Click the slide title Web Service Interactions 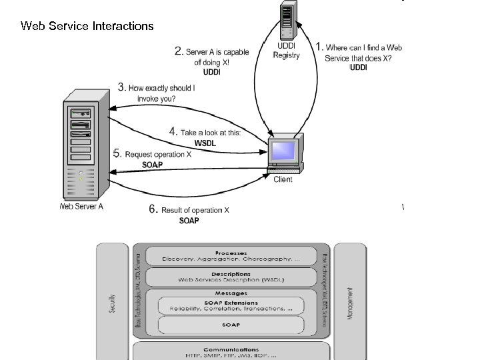87,26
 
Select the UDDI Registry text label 286,51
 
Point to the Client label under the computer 283,180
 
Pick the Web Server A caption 82,207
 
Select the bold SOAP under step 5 153,165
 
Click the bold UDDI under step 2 211,72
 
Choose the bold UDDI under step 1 359,67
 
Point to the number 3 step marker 121,87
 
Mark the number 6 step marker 153,210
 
